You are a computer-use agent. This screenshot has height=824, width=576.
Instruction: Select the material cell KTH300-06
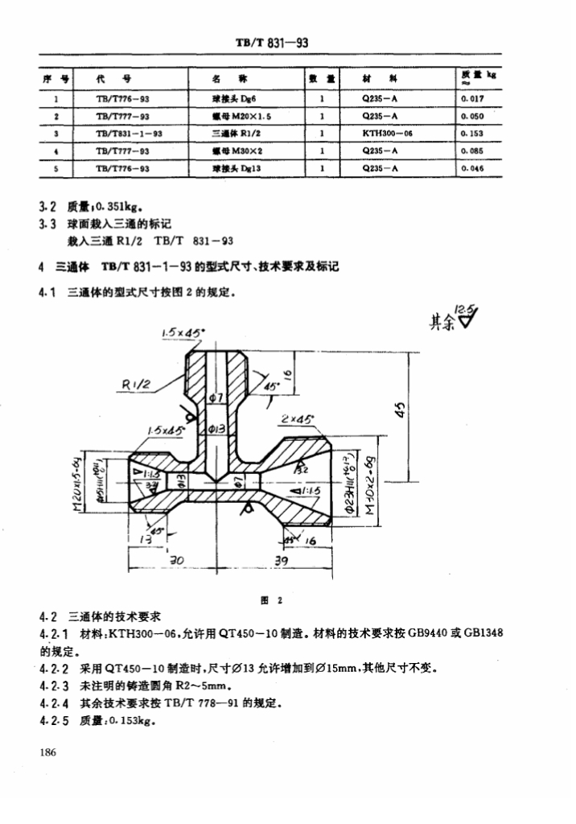pyautogui.click(x=387, y=134)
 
